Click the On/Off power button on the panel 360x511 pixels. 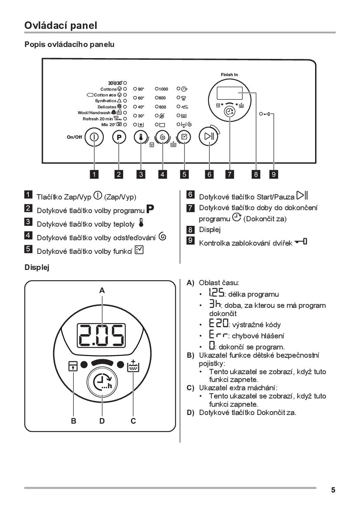[x=94, y=137]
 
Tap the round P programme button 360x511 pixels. [x=119, y=137]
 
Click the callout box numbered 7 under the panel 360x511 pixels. [x=229, y=174]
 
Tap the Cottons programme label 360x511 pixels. [x=109, y=89]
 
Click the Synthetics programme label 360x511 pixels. [x=106, y=101]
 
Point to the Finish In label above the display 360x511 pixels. [x=229, y=75]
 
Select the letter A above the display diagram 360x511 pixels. [x=102, y=291]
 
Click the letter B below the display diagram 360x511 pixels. [x=74, y=421]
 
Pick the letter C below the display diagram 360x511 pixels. [x=133, y=421]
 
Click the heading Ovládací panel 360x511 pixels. [x=61, y=25]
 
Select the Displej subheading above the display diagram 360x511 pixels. [x=37, y=268]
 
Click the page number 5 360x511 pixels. [x=333, y=490]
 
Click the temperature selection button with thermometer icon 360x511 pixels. [x=141, y=137]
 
